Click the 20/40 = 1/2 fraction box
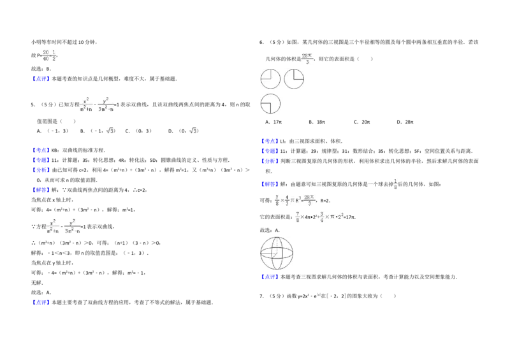click(x=50, y=54)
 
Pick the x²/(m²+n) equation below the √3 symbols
click(x=64, y=225)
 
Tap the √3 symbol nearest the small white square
click(x=109, y=132)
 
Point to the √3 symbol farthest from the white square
click(x=194, y=132)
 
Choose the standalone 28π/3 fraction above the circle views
click(x=309, y=59)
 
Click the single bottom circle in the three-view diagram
click(x=270, y=103)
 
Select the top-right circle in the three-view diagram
click(x=294, y=79)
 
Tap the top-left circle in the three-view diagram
click(x=270, y=79)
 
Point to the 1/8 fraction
click(x=397, y=184)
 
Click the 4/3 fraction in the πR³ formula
click(x=287, y=201)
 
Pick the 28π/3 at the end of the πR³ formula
click(x=310, y=201)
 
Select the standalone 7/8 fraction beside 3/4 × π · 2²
click(x=296, y=217)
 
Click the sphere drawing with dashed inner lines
click(x=276, y=252)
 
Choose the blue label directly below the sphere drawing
click(x=270, y=277)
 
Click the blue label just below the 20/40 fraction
click(x=41, y=77)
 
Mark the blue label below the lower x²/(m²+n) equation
click(x=41, y=301)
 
